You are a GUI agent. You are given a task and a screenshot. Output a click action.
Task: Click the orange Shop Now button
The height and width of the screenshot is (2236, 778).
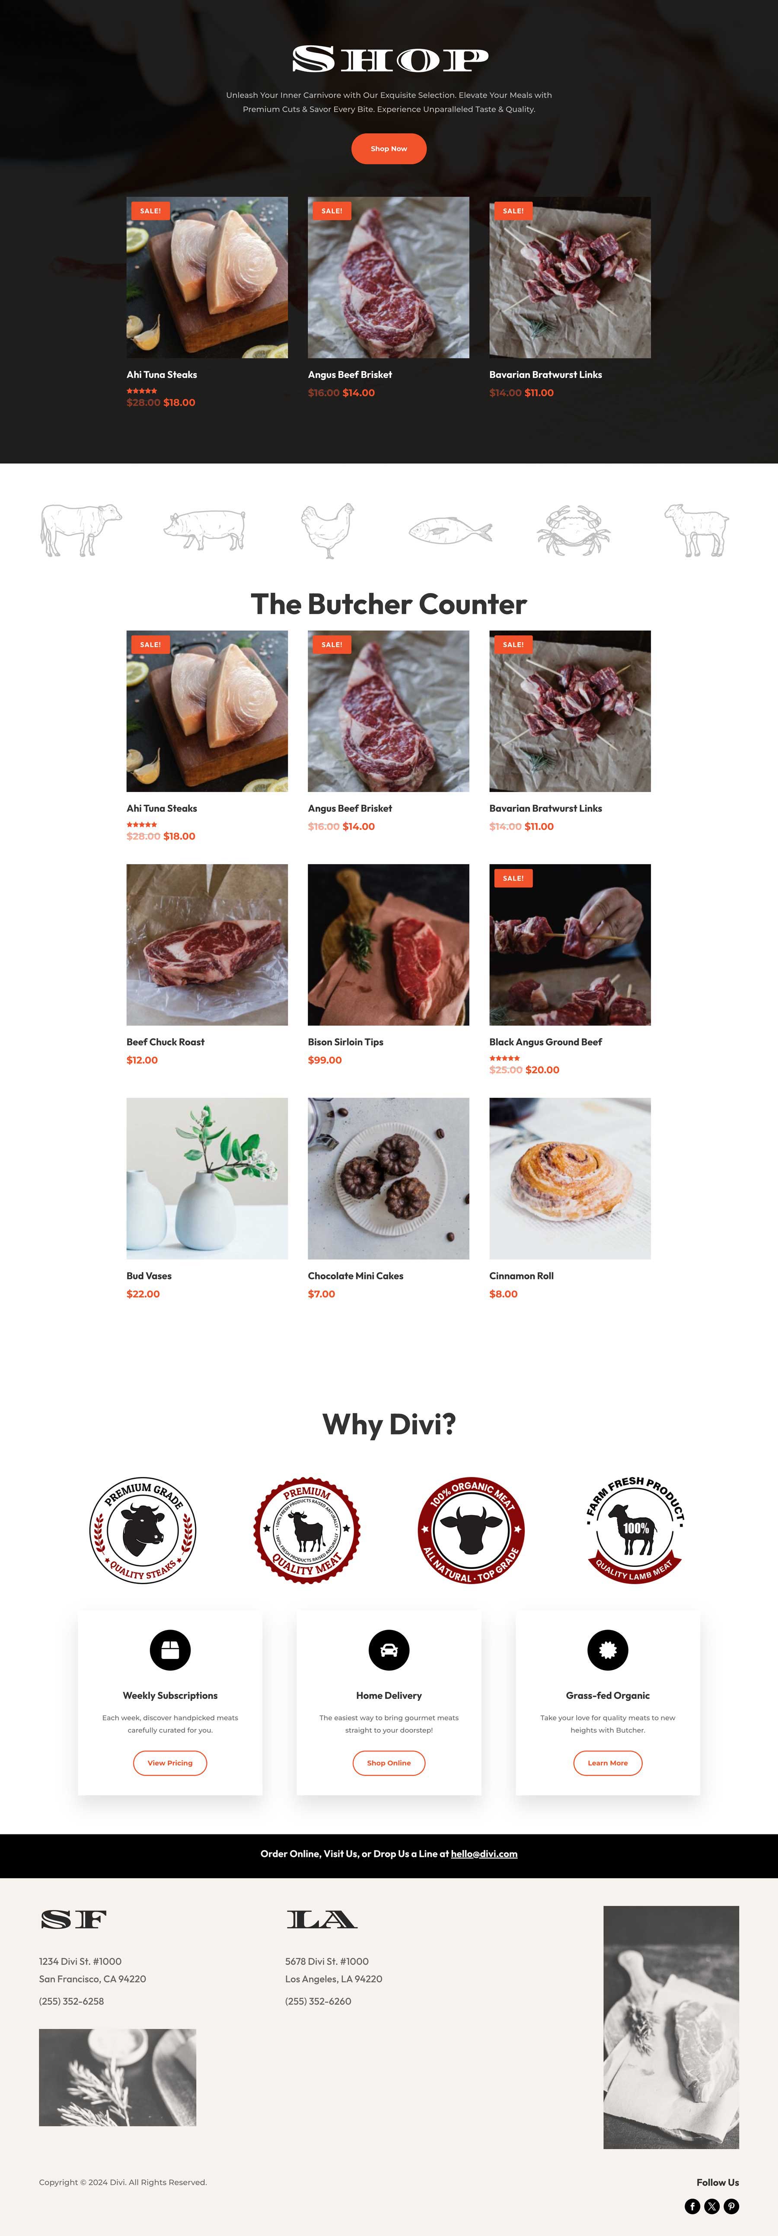point(388,148)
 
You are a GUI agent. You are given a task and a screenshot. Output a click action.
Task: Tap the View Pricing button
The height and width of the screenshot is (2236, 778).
point(170,1763)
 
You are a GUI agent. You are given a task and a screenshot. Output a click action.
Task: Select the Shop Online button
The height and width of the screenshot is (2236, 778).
point(389,1763)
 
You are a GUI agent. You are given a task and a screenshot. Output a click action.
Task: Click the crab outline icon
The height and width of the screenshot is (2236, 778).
point(573,529)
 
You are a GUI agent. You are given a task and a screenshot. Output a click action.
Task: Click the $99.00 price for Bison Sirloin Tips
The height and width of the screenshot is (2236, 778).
point(325,1060)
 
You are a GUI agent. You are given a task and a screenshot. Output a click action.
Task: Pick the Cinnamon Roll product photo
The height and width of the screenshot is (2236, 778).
point(570,1178)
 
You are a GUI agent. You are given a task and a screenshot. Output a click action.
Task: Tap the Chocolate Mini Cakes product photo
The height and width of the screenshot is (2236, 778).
point(388,1178)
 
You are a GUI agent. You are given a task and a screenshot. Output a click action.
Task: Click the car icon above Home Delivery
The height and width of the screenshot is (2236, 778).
point(389,1650)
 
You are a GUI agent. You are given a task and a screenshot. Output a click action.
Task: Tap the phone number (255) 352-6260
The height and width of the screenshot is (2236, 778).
point(318,2001)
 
